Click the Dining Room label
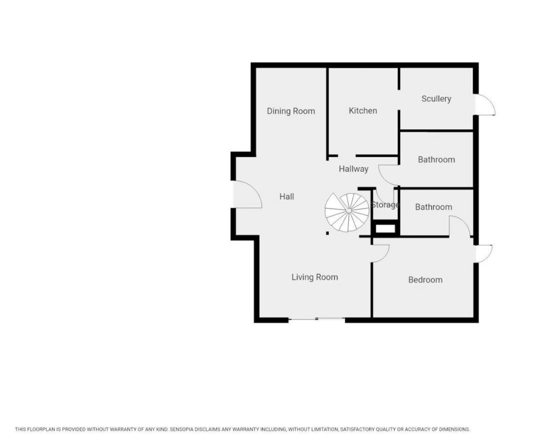[x=291, y=111]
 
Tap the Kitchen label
[x=363, y=111]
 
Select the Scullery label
[x=436, y=99]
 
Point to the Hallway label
[x=353, y=169]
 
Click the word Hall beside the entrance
[x=286, y=196]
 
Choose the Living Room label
[x=314, y=277]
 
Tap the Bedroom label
[x=425, y=279]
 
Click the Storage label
[x=385, y=205]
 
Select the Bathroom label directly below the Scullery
[x=436, y=159]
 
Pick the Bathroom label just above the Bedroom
[x=434, y=207]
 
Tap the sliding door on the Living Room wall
[x=316, y=319]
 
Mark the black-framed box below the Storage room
[x=385, y=228]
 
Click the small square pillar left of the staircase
[x=327, y=233]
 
